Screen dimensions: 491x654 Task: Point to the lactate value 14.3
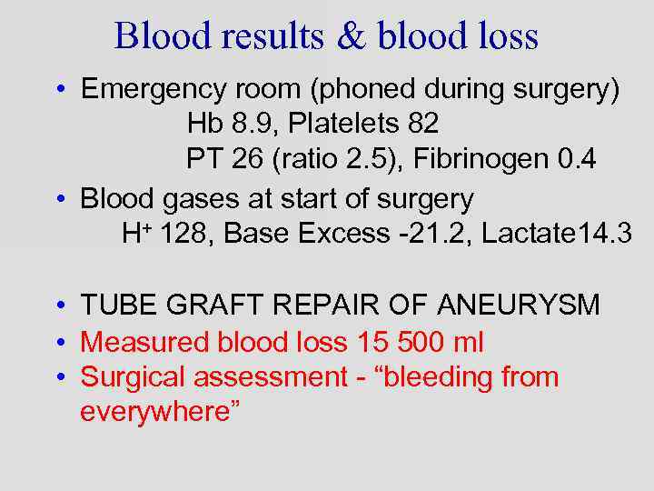[x=604, y=234]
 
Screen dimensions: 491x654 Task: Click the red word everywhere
[x=159, y=411]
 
